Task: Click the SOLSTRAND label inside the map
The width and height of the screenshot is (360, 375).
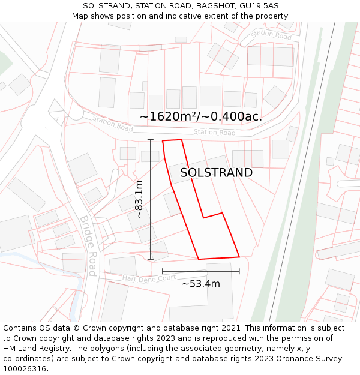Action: pos(216,173)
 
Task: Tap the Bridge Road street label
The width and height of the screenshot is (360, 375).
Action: pos(88,245)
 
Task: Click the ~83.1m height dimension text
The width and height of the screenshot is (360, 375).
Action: pos(139,199)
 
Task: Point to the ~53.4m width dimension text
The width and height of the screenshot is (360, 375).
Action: pos(201,284)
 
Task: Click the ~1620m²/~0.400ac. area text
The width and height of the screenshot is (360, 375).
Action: pos(201,116)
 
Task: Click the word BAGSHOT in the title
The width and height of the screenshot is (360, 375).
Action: pos(208,5)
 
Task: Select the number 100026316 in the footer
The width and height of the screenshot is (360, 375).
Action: pos(25,369)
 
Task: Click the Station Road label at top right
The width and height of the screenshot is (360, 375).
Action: pos(271,35)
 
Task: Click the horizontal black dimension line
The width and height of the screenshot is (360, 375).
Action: pos(201,271)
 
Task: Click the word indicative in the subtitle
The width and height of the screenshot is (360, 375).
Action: pos(186,16)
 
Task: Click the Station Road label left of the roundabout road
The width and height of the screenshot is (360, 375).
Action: pos(112,124)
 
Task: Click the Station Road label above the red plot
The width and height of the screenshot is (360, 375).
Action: pos(214,132)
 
